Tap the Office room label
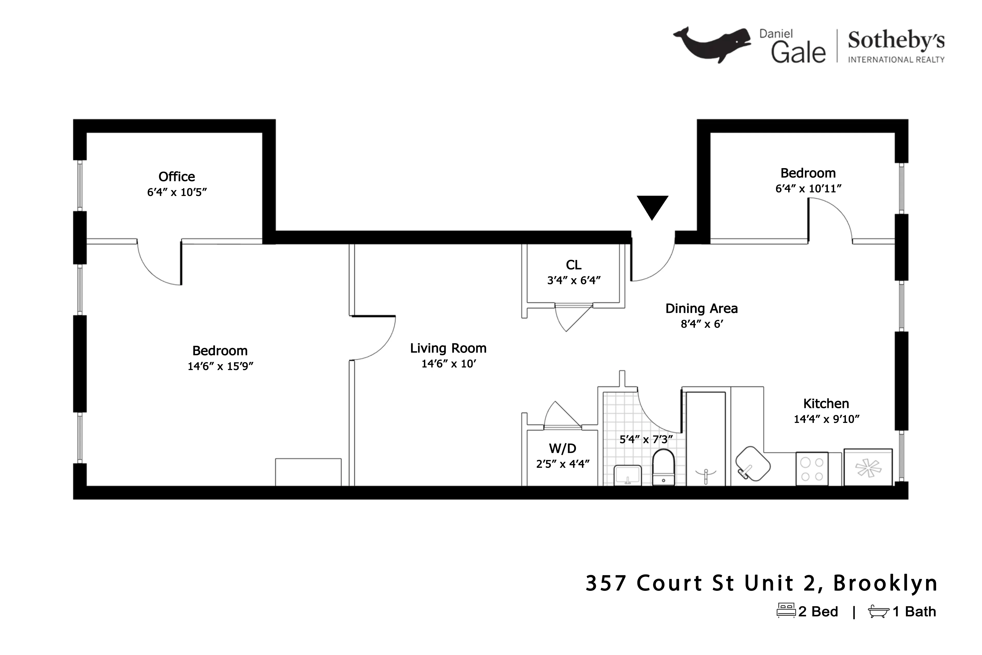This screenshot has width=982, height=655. point(177,177)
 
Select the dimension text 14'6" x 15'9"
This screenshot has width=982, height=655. point(220,366)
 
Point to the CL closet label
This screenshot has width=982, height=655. point(574,265)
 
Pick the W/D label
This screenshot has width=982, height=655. point(562,449)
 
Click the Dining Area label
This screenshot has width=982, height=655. point(701,309)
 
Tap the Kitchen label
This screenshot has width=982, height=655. point(826,404)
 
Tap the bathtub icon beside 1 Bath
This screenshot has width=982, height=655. point(879,612)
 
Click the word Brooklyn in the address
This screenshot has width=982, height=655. point(886,583)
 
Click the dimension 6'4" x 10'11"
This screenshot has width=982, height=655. point(808,189)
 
